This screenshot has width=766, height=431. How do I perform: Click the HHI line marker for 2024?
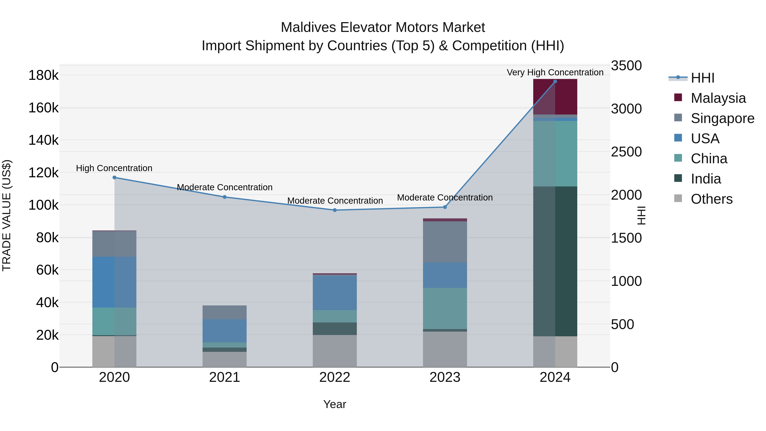555,82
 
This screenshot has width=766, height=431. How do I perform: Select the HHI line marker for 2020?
114,178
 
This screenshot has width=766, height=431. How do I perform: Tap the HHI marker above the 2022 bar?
335,210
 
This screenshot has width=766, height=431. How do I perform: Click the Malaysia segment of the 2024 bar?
555,97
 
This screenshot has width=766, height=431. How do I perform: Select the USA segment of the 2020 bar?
114,282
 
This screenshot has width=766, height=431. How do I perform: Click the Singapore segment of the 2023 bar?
445,242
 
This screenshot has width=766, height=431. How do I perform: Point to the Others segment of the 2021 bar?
224,359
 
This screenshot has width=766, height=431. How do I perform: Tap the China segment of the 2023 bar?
445,308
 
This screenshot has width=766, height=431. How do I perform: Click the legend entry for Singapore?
722,118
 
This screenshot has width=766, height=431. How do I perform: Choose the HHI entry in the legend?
702,78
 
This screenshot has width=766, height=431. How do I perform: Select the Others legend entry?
711,199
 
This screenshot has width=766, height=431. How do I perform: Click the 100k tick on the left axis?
43,205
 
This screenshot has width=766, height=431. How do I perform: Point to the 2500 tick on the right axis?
626,152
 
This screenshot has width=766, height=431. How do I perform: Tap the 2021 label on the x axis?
224,377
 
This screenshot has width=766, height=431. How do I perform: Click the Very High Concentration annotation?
555,72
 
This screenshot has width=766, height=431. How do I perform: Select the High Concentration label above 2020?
114,168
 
